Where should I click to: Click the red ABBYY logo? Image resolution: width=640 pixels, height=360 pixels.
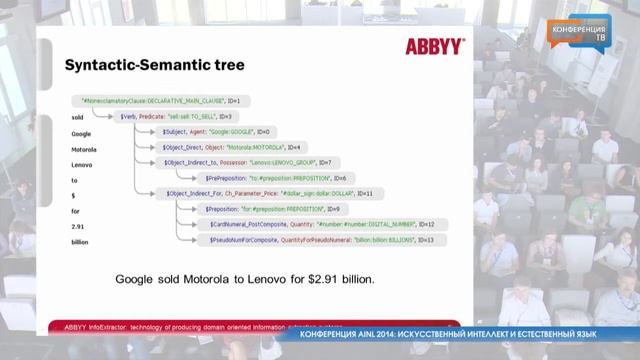[434, 46]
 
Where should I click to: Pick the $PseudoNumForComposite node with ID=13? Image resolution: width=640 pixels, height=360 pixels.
[315, 240]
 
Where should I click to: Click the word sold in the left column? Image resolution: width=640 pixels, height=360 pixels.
[77, 117]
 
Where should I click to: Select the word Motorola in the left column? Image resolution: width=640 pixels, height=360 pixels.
[83, 147]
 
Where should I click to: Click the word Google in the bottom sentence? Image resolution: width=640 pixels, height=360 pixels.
[137, 279]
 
